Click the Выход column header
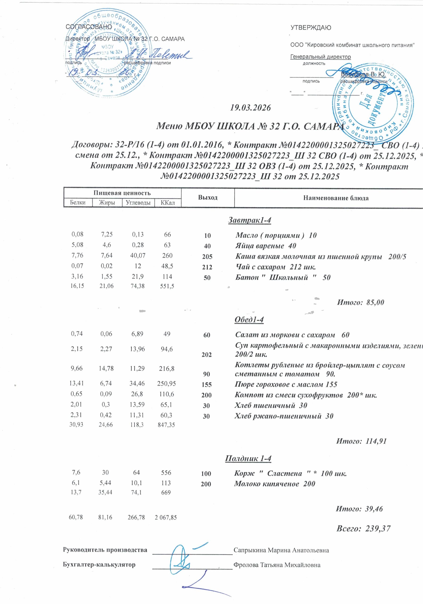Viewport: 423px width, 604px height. click(x=208, y=197)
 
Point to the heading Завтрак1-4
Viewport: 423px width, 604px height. click(x=249, y=220)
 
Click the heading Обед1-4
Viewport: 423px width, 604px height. click(x=249, y=319)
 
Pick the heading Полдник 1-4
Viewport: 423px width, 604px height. click(x=248, y=458)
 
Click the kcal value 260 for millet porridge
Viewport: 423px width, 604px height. click(x=167, y=256)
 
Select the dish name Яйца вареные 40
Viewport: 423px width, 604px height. click(x=266, y=246)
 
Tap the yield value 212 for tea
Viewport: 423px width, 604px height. click(x=207, y=267)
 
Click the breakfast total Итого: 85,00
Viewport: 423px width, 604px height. click(x=360, y=302)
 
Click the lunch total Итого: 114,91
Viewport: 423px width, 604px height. click(x=361, y=441)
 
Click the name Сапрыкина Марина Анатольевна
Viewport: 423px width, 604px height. click(x=281, y=550)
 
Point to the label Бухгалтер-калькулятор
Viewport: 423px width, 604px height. click(x=99, y=565)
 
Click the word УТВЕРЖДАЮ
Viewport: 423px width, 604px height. click(x=311, y=28)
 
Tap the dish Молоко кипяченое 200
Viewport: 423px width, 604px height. click(x=275, y=484)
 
